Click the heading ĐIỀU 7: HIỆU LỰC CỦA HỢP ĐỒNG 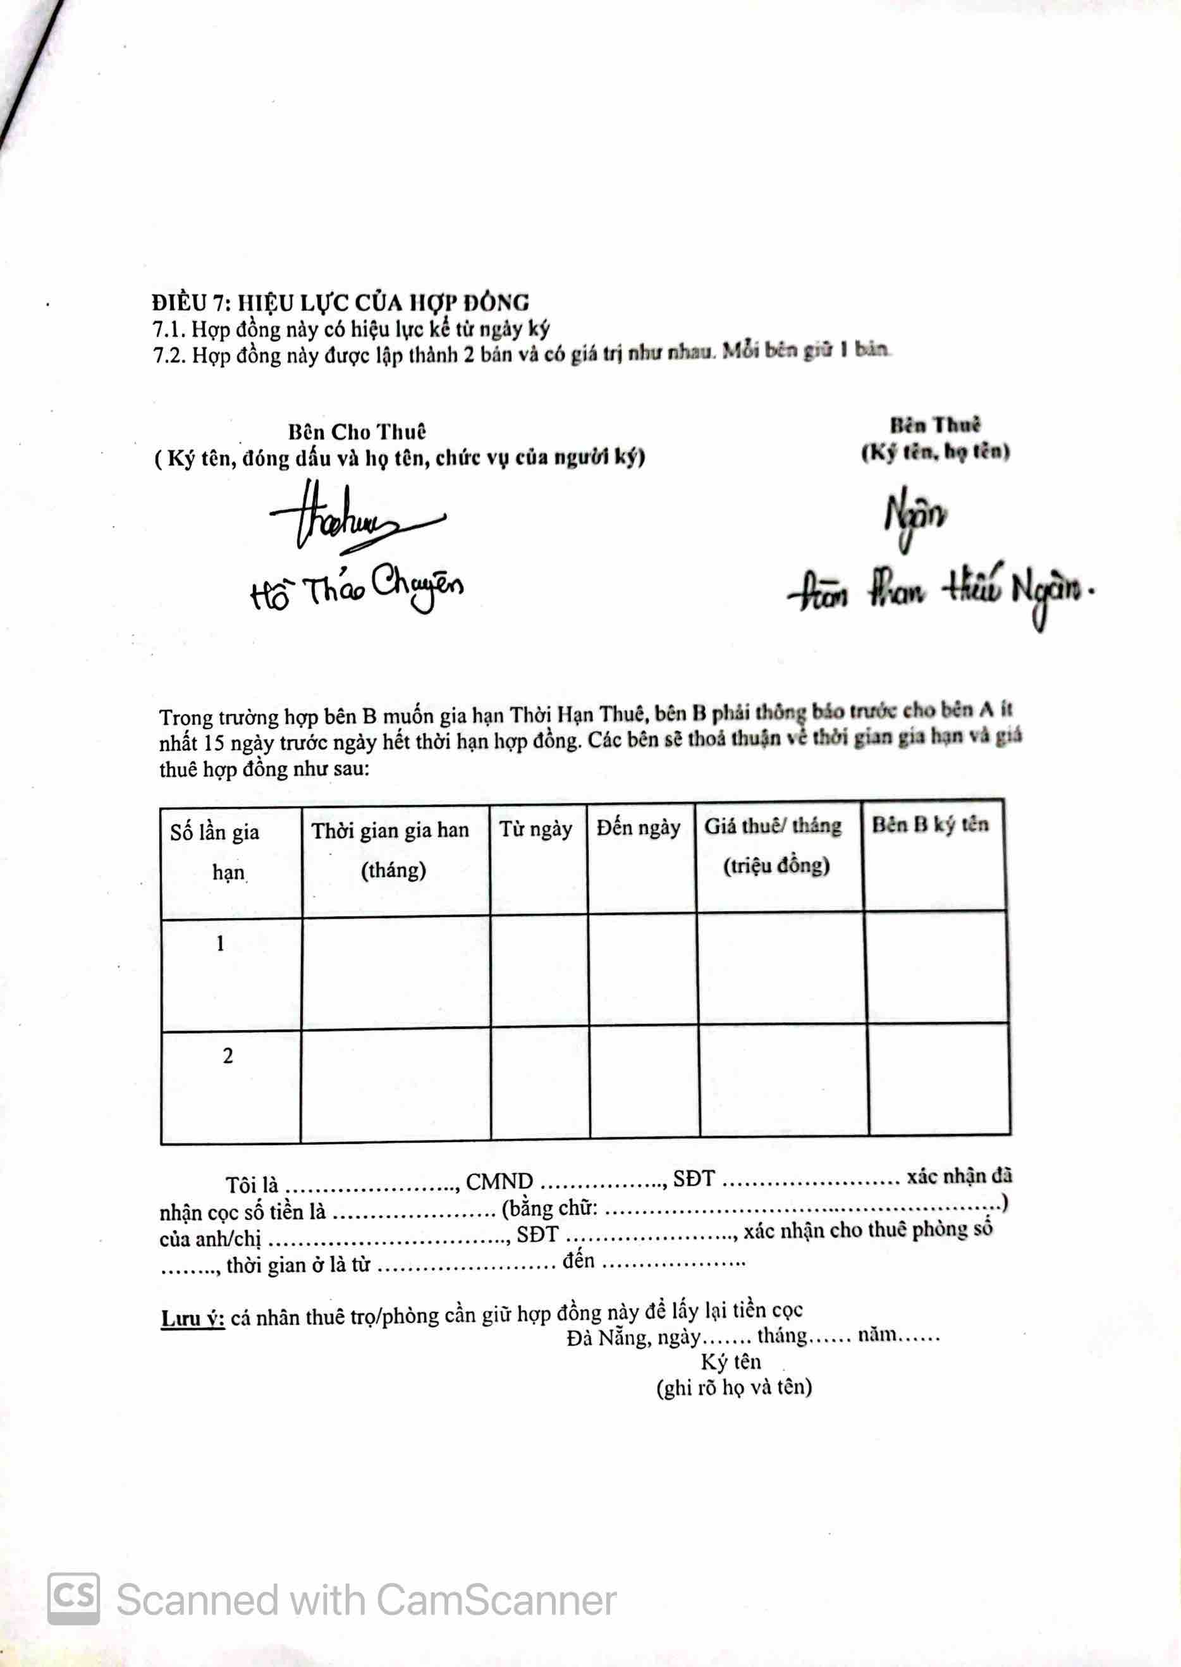[x=340, y=302]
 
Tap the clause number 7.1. [x=169, y=329]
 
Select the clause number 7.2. [x=169, y=357]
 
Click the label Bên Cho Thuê [x=357, y=432]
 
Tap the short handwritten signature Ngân [x=915, y=518]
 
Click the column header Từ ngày [x=535, y=829]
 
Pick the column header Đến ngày [x=639, y=828]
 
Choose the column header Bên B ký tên [x=930, y=824]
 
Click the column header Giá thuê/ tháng [x=773, y=826]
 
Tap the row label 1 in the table [x=221, y=944]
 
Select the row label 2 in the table [x=228, y=1056]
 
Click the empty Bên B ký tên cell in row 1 [x=936, y=968]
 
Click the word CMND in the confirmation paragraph [x=499, y=1181]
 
